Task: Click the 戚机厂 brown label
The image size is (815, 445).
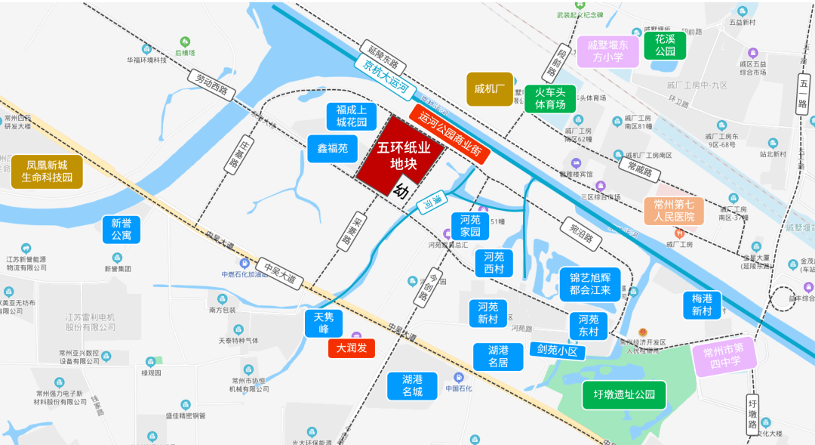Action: [x=489, y=89]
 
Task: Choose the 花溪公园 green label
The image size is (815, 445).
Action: [x=665, y=45]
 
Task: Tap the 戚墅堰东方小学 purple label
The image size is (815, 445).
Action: [x=608, y=51]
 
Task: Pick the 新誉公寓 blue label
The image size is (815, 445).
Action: [x=121, y=230]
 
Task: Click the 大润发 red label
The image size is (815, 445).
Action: [x=352, y=348]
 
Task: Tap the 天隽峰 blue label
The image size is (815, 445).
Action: [x=324, y=323]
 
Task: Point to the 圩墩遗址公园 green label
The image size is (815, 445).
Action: [x=624, y=394]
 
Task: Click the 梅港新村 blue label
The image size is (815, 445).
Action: [x=702, y=304]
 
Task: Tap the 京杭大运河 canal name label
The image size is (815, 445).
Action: [x=386, y=77]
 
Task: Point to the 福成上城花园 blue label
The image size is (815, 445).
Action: [x=351, y=116]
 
